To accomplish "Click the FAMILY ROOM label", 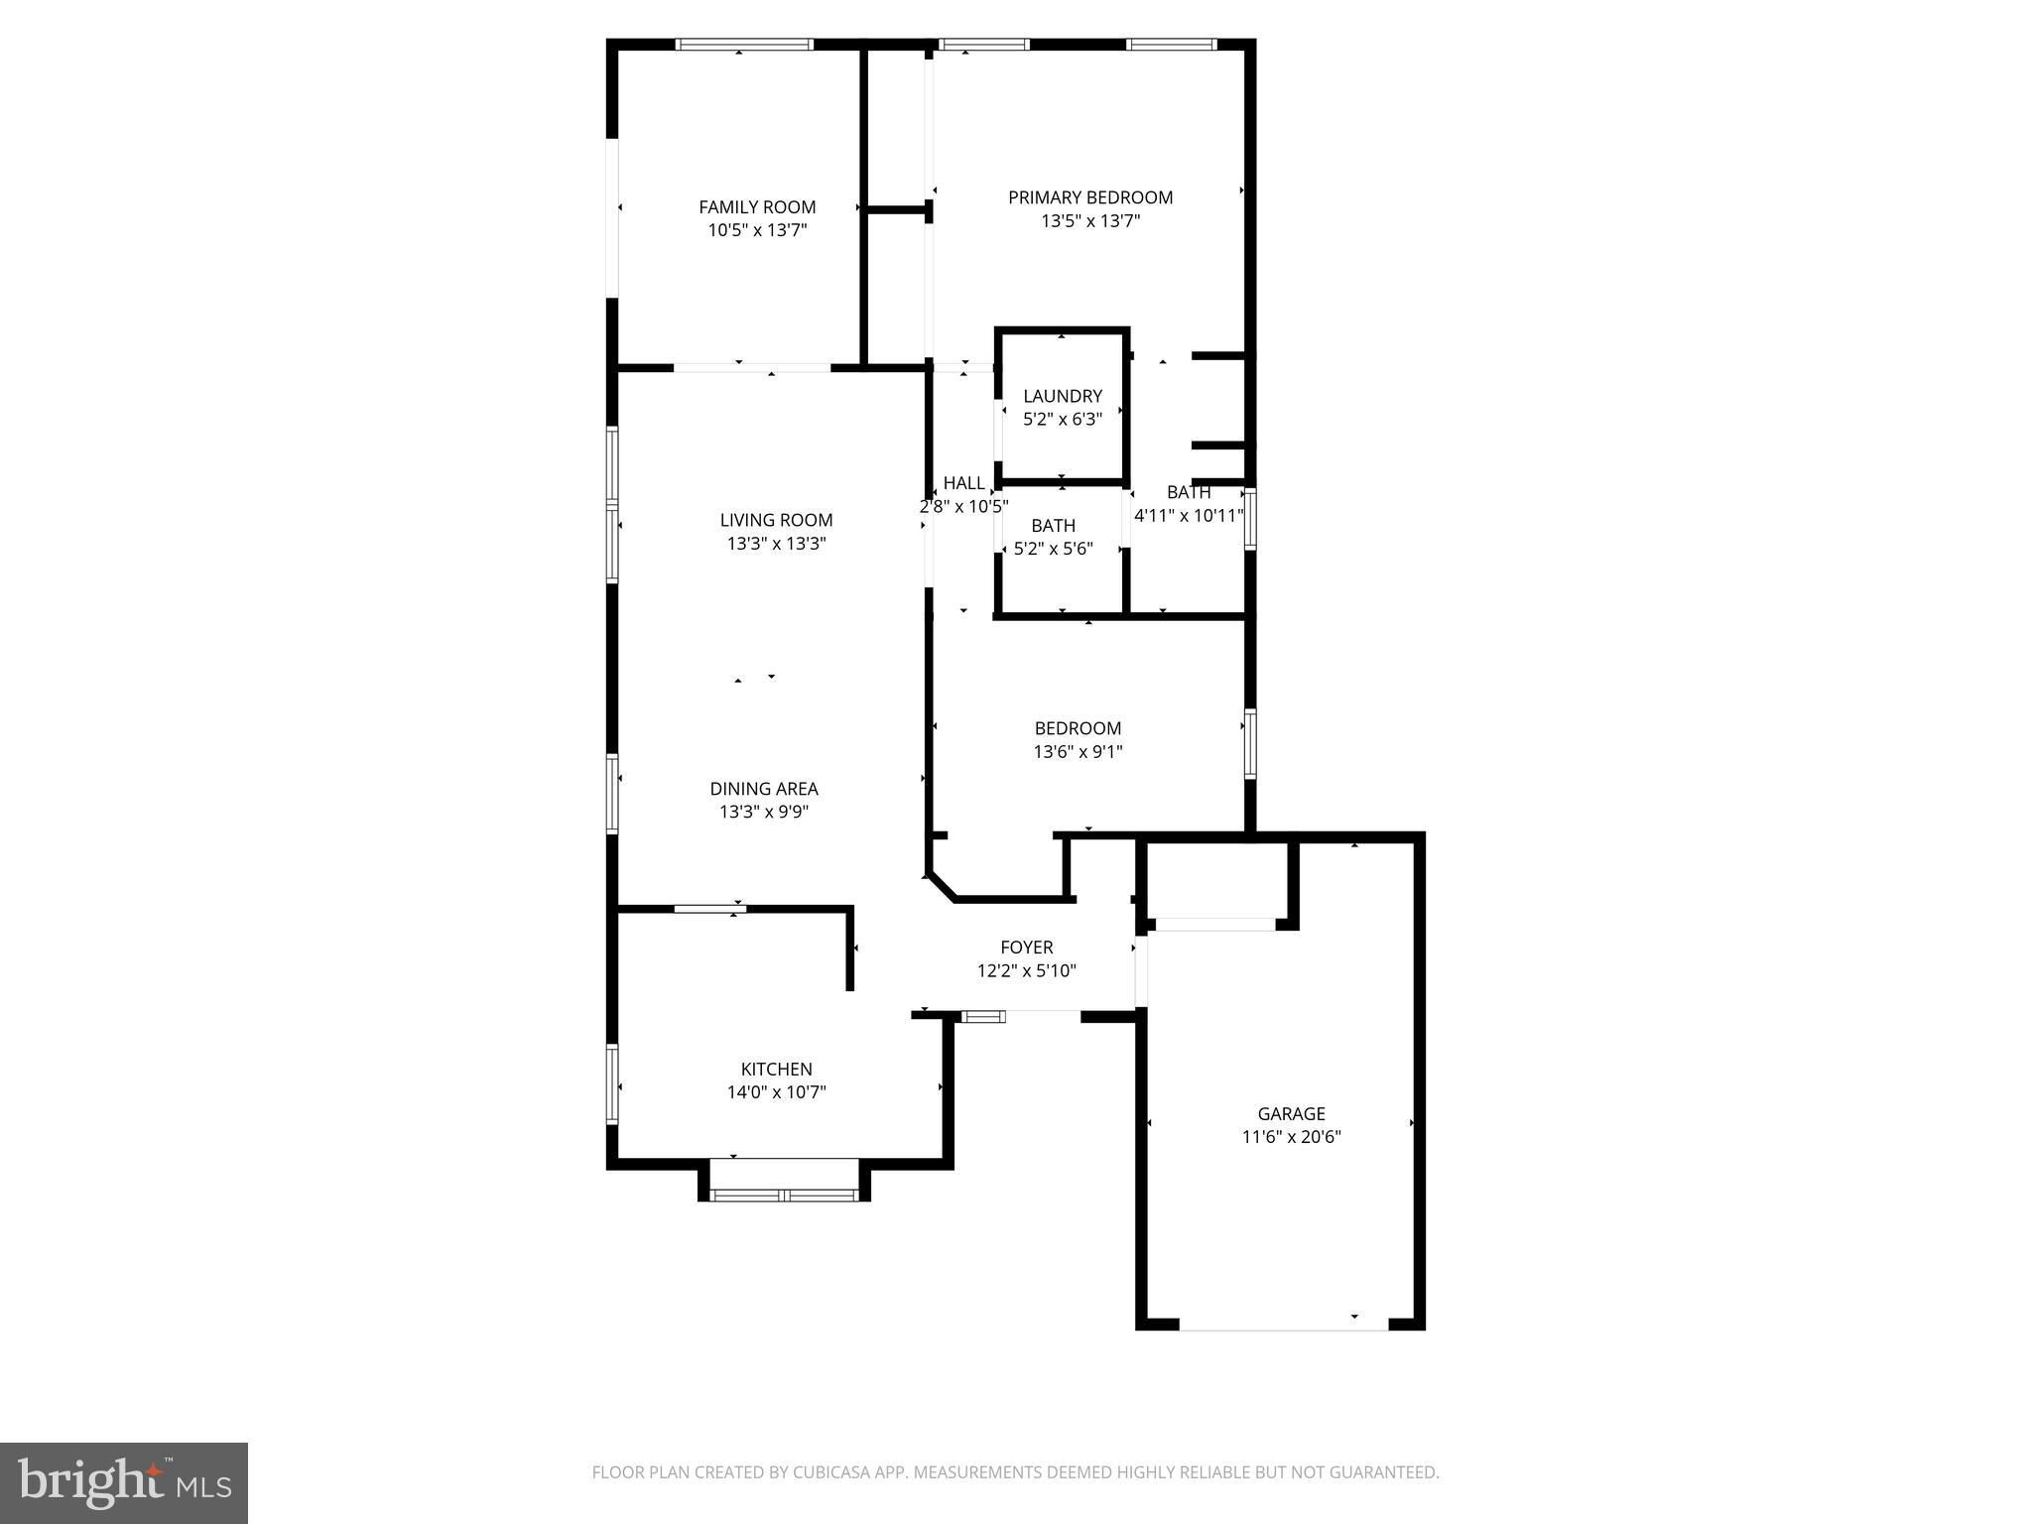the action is (x=757, y=207).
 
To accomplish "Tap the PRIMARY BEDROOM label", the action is (x=1090, y=197).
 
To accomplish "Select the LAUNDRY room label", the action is (x=1063, y=396).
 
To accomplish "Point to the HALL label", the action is (x=963, y=483).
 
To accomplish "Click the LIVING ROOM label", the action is (x=776, y=520).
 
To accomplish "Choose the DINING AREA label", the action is (x=764, y=789).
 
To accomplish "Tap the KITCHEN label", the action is (x=776, y=1069).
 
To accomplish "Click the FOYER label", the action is (x=1026, y=948).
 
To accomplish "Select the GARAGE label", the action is (x=1291, y=1113).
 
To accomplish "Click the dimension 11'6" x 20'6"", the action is (x=1291, y=1137).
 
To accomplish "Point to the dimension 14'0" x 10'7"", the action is (x=776, y=1092).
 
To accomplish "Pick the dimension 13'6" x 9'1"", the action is (x=1078, y=752).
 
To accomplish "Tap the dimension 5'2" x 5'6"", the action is (x=1053, y=549).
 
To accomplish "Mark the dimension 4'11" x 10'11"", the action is (x=1189, y=515).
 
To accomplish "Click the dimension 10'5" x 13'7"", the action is (x=757, y=230).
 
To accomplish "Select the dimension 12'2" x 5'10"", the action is (x=1026, y=970).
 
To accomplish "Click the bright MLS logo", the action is (x=124, y=1483).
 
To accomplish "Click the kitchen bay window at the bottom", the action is (x=785, y=1195).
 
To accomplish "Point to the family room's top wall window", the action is (x=744, y=44).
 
